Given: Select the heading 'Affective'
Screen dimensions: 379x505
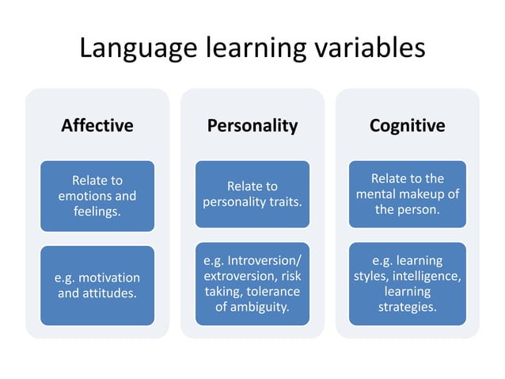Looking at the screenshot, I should coord(97,125).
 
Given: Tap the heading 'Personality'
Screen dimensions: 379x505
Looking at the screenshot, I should coord(252,125).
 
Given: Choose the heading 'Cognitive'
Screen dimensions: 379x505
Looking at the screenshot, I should coord(407,125).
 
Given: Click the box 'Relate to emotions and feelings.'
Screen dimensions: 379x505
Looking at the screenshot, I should coord(97,196).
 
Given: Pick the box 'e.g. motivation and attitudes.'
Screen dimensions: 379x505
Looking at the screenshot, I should coord(97,285).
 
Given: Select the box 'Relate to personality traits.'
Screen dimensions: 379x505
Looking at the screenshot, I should coord(252,194).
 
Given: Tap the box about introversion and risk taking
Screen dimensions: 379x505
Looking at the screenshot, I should coord(252,283).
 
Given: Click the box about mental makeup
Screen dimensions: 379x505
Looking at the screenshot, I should coord(407,194).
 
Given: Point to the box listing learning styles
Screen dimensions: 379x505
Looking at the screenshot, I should coord(407,283).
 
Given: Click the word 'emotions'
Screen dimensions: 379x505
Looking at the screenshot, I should coord(83,196).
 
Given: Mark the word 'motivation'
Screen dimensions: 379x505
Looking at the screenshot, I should coord(108,278).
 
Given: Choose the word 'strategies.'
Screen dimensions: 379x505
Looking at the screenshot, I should coord(407,306).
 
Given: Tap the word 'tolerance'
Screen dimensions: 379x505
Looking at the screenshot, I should coord(273,291).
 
